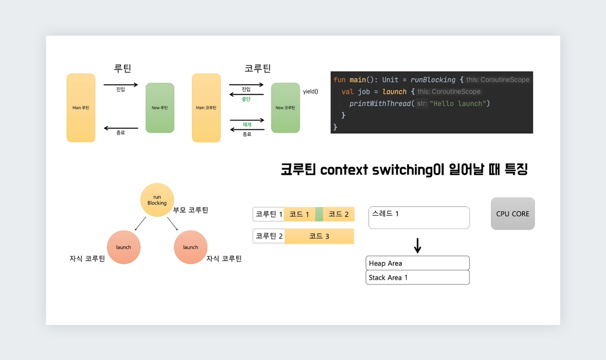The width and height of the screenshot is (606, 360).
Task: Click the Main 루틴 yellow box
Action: point(81,108)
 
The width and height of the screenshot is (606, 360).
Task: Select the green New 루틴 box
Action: point(160,108)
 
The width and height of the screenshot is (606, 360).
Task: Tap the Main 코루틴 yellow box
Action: point(206,108)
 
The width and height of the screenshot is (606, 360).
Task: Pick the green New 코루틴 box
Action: point(285,108)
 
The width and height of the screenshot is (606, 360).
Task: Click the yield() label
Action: point(311,91)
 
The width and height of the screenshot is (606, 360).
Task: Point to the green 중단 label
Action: point(246,99)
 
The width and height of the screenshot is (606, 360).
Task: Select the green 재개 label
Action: point(247,124)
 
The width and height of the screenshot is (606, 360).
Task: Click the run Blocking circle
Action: point(157,200)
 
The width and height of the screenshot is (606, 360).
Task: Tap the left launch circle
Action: point(124,247)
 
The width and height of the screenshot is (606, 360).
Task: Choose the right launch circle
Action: point(190,247)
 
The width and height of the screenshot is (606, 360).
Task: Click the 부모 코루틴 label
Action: point(190,210)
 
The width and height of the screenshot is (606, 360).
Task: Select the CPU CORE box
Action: point(513,214)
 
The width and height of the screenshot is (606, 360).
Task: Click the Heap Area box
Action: point(417,263)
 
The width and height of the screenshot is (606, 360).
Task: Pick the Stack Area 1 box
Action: point(417,277)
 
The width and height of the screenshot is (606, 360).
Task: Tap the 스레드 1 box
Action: point(419,217)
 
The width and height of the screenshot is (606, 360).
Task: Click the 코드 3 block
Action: point(319,236)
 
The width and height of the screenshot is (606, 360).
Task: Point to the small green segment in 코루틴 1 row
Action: point(319,214)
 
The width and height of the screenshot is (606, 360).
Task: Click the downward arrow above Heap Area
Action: point(417,246)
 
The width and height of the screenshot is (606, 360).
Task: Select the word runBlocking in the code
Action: point(433,80)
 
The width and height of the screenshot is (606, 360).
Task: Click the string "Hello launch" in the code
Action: point(458,104)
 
